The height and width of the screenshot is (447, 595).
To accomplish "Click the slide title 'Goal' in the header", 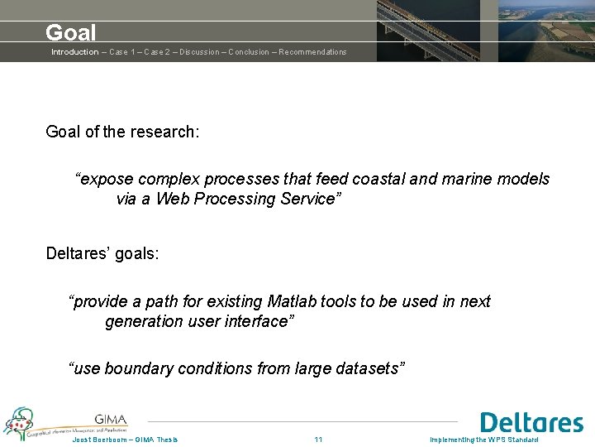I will (71, 32).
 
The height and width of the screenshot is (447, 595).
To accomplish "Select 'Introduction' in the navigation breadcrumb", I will (74, 52).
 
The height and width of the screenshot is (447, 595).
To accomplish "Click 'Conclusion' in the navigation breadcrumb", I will (249, 52).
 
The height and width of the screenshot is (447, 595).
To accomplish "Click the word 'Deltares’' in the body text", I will (78, 253).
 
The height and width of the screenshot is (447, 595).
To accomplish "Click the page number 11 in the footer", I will (319, 440).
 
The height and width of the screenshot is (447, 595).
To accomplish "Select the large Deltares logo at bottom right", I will (531, 423).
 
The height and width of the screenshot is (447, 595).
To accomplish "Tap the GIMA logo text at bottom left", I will (110, 419).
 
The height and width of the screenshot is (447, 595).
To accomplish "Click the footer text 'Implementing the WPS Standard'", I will (483, 440).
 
